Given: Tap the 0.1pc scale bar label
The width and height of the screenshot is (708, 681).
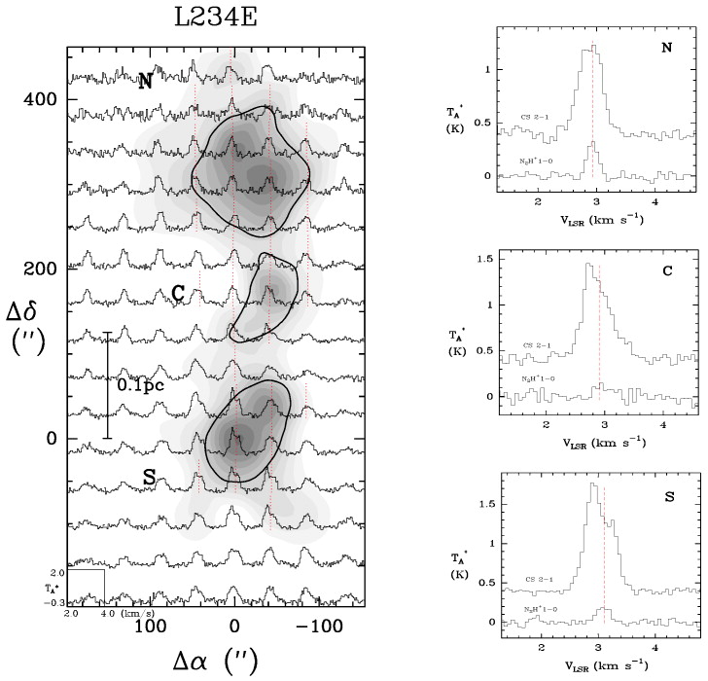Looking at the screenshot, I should click(139, 385).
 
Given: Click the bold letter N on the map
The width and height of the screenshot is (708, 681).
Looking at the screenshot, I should click(145, 82).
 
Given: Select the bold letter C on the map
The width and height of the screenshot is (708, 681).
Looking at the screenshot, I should click(177, 293).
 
